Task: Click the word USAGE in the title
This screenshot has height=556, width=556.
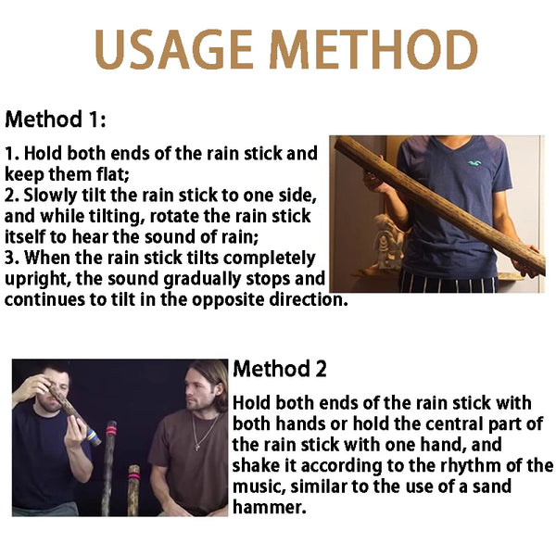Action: click(x=173, y=49)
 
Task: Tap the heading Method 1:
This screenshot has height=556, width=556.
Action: click(x=56, y=120)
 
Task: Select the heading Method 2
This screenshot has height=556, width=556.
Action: click(x=280, y=369)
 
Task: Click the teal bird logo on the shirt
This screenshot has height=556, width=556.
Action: click(x=474, y=163)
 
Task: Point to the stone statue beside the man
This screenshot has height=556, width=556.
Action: click(x=388, y=241)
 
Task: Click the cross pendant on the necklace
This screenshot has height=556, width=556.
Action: click(x=197, y=448)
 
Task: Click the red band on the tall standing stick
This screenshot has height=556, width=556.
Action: click(x=111, y=431)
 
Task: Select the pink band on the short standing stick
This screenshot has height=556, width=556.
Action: click(x=133, y=476)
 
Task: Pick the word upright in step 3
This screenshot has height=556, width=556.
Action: click(x=38, y=280)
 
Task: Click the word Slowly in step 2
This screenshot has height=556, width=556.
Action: click(x=50, y=196)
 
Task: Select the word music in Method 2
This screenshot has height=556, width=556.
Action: click(x=259, y=486)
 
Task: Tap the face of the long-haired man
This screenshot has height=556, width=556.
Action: click(x=199, y=390)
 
